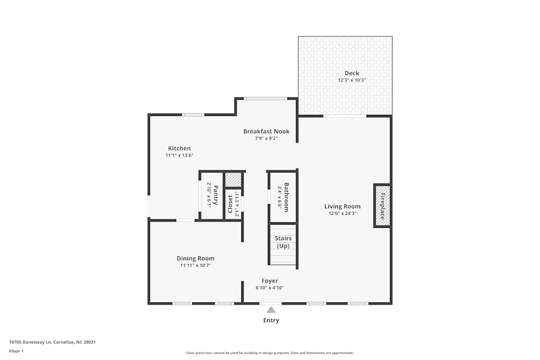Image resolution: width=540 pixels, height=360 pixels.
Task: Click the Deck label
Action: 352,73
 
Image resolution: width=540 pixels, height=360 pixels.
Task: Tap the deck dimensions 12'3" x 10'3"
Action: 352,80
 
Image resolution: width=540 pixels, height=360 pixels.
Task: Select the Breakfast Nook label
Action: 266,131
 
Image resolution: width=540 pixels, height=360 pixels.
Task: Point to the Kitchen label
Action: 179,148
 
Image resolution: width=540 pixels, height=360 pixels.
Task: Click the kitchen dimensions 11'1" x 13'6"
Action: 179,155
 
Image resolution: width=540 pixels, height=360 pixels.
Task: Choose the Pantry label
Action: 215,195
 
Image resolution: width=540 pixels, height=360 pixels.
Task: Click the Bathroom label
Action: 287,197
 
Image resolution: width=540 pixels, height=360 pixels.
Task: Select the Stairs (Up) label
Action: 283,242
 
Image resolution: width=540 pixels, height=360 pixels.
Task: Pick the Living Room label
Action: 342,206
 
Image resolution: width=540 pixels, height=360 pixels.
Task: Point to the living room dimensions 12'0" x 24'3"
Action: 342,213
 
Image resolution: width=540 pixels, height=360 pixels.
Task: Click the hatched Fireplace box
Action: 382,206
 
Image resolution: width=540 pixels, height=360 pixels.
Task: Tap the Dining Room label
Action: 195,259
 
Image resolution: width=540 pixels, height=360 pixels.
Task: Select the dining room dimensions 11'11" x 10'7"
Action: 195,266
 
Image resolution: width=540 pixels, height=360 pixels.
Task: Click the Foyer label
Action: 269,281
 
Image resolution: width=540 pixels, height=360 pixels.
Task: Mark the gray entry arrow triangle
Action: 271,310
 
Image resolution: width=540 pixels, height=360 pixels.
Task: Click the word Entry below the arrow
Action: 271,321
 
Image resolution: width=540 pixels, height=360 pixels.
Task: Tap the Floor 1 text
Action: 16,351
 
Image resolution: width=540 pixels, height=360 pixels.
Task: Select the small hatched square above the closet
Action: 233,179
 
